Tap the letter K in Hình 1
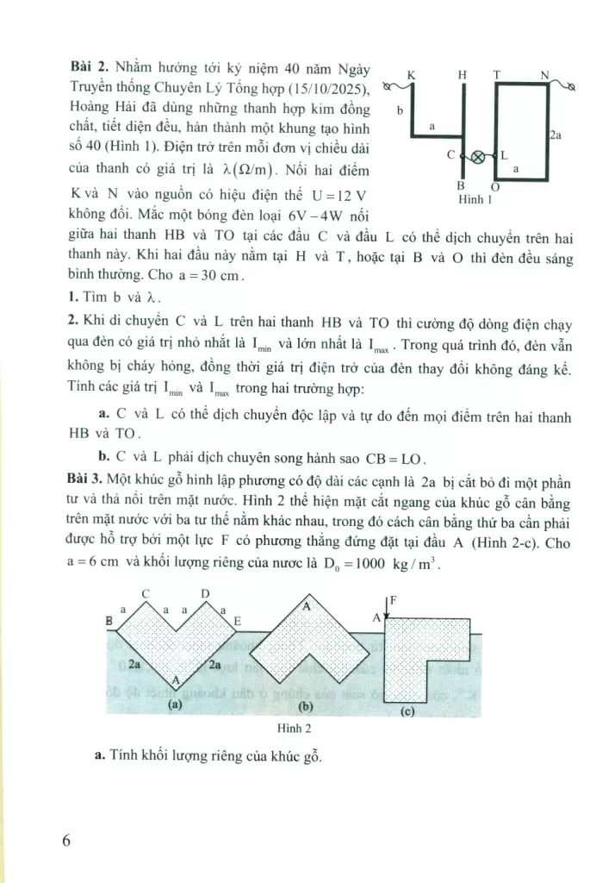click(x=411, y=76)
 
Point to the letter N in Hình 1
click(x=544, y=76)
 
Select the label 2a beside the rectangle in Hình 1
click(x=556, y=135)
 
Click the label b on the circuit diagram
click(x=400, y=110)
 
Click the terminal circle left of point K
click(x=388, y=85)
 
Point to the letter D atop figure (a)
click(x=205, y=593)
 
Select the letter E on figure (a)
click(x=237, y=621)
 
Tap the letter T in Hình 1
click(x=497, y=76)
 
